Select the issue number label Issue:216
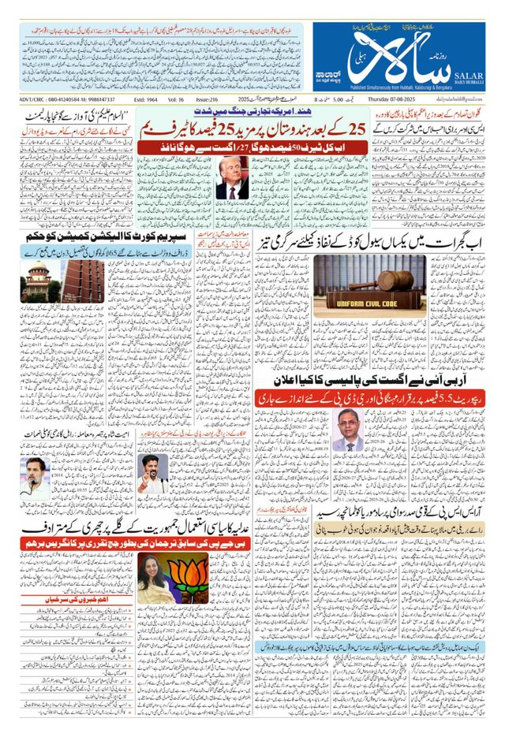click(209, 100)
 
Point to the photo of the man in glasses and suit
click(348, 431)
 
